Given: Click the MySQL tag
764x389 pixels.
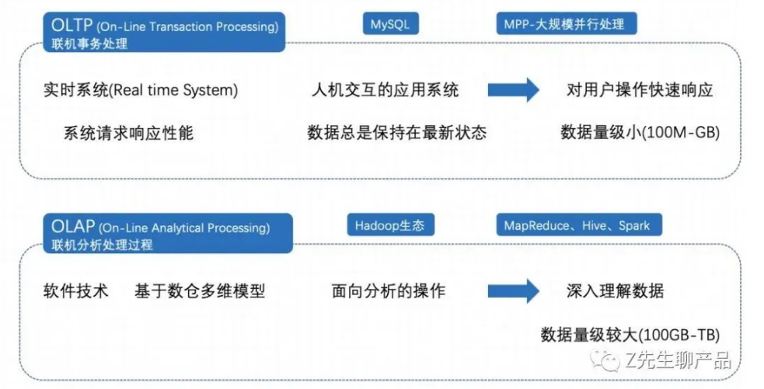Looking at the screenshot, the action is [x=390, y=24].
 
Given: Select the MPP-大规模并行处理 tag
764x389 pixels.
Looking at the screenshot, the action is [x=566, y=24].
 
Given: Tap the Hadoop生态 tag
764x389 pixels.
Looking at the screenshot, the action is [x=390, y=225].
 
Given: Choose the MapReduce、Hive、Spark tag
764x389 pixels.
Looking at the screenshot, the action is [x=579, y=225].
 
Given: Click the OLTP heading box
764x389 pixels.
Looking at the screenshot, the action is [x=164, y=32].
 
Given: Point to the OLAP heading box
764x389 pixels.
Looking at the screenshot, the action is [x=168, y=233].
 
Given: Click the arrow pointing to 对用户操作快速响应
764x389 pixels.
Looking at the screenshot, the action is [x=514, y=89].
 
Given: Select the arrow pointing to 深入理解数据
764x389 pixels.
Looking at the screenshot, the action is [x=514, y=290].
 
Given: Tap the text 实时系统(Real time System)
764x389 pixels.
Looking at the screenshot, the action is [x=141, y=90].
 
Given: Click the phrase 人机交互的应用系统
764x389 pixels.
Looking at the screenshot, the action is [x=385, y=90].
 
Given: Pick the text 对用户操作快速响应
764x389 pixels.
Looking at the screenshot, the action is [x=640, y=90].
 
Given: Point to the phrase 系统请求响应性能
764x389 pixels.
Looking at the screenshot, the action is [x=129, y=133].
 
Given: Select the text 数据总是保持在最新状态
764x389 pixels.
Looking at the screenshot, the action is [x=396, y=133].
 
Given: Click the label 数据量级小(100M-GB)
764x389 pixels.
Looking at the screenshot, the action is [x=640, y=133].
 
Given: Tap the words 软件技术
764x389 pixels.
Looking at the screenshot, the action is [x=75, y=291].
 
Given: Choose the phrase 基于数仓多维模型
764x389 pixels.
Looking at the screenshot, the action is [x=200, y=291].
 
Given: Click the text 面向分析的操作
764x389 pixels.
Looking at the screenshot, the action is [x=389, y=291].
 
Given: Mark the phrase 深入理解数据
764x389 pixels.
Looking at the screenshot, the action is [x=615, y=291].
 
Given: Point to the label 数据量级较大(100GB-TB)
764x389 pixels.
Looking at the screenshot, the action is [x=630, y=335].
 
